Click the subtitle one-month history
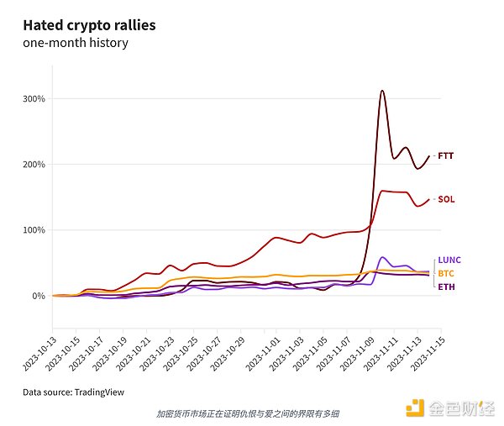click(76, 43)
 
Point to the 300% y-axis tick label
click(34, 98)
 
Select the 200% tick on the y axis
click(34, 165)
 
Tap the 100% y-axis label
click(34, 230)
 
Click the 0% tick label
click(39, 296)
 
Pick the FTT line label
click(446, 155)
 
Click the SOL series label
click(446, 200)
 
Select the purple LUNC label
click(449, 260)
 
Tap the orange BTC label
click(446, 274)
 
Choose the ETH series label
click(446, 287)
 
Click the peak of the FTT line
click(383, 91)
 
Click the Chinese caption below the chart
click(248, 413)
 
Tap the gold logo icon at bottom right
click(415, 408)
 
